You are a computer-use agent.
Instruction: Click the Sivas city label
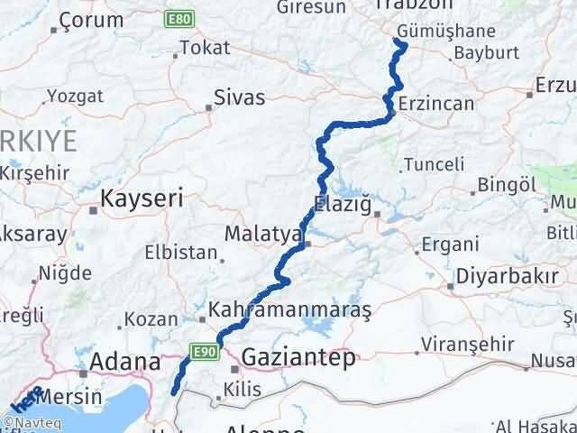240,97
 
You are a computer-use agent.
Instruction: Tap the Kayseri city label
142,198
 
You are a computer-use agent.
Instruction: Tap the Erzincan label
435,104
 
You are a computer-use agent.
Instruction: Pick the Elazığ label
342,205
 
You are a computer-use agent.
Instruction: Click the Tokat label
199,48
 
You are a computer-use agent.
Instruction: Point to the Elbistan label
187,253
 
